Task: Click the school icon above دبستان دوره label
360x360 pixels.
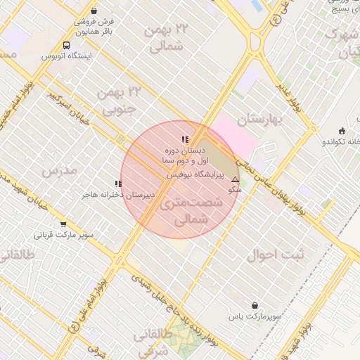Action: (184, 140)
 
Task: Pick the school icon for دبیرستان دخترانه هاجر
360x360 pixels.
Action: (118, 184)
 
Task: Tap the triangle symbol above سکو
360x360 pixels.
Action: (235, 180)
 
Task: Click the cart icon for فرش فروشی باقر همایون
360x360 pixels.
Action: (85, 22)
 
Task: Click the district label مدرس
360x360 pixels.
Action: (58, 171)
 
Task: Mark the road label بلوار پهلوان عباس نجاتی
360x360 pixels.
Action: (281, 179)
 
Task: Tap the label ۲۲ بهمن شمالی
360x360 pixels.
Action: (167, 37)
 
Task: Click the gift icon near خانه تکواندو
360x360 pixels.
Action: (342, 130)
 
